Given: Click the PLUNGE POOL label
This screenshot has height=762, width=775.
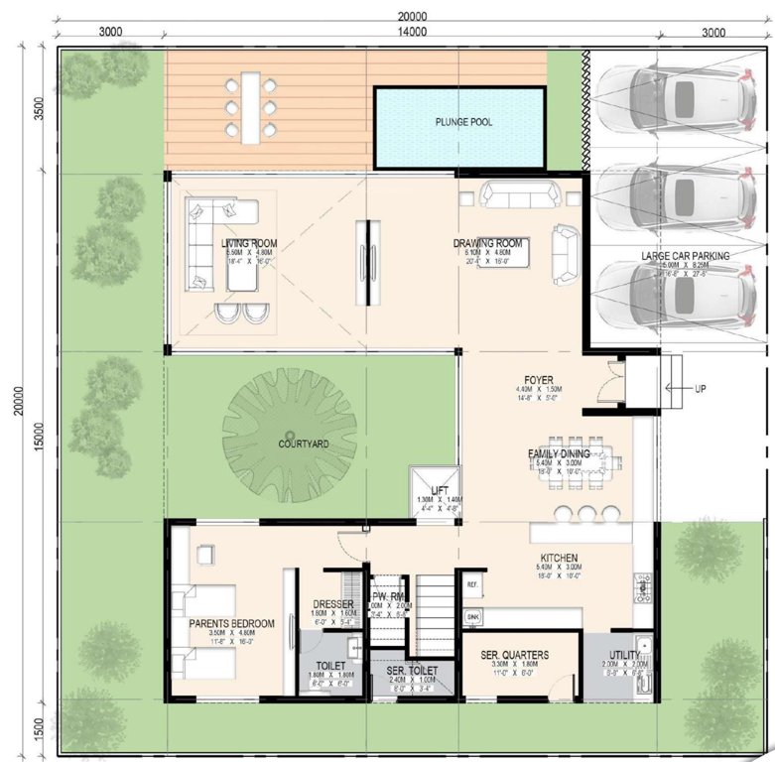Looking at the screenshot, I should click(463, 123).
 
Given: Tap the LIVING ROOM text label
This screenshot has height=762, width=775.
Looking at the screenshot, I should click(249, 243).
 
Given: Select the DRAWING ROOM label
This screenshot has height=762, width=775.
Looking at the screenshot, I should click(487, 243).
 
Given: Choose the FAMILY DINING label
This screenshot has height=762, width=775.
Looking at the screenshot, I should click(559, 453).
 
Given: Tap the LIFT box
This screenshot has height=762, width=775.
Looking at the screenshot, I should click(440, 491).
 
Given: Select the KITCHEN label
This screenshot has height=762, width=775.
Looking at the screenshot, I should click(560, 559).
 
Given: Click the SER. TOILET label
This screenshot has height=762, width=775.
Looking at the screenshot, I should click(410, 671).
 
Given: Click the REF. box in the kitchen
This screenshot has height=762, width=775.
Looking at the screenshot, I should click(472, 583).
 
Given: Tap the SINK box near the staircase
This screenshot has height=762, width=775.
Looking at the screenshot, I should click(472, 616).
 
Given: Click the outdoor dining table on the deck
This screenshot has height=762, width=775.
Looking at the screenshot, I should click(249, 104).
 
